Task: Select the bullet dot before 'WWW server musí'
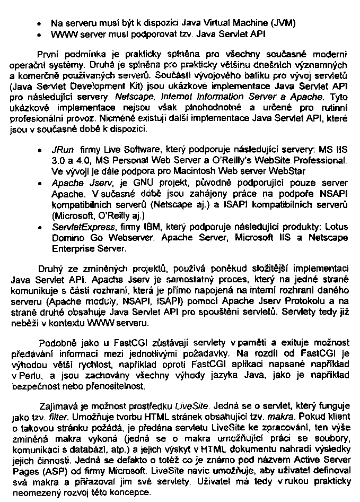[x=40, y=34]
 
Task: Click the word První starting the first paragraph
[x=48, y=55]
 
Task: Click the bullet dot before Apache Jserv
[x=40, y=181]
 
